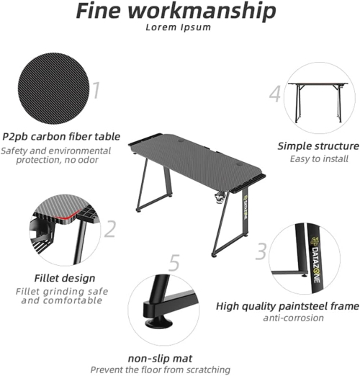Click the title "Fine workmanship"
click(x=176, y=11)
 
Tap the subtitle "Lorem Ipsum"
click(x=179, y=27)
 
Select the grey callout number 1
click(x=96, y=90)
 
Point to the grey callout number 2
click(x=110, y=229)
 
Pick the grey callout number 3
click(x=261, y=251)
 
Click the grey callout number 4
click(x=275, y=94)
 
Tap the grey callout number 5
click(x=174, y=263)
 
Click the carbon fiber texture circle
click(x=53, y=89)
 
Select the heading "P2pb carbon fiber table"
click(x=61, y=137)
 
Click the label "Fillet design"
click(x=65, y=278)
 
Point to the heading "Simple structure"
click(x=318, y=146)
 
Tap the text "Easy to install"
click(x=319, y=159)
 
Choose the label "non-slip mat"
click(x=160, y=359)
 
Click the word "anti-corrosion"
click(x=293, y=318)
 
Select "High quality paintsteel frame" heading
click(x=287, y=306)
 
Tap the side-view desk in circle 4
click(x=318, y=102)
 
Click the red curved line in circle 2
click(x=67, y=216)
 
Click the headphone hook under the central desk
click(x=220, y=199)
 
